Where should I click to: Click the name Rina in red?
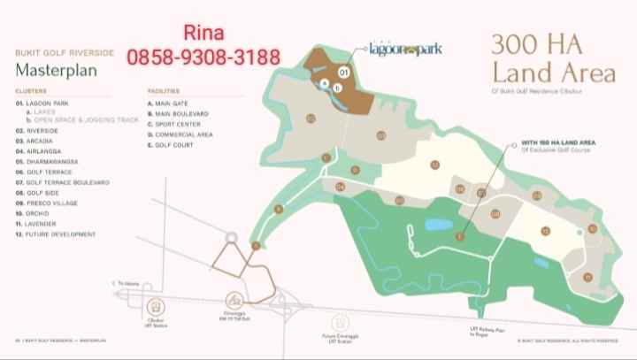click(203, 34)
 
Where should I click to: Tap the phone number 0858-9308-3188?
click(204, 58)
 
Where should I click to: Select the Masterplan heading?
click(49, 68)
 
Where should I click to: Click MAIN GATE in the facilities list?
click(173, 103)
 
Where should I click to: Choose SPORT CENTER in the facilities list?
click(178, 124)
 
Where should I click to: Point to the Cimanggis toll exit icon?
click(235, 300)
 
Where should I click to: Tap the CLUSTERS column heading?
click(31, 91)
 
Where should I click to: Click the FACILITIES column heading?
click(164, 91)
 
